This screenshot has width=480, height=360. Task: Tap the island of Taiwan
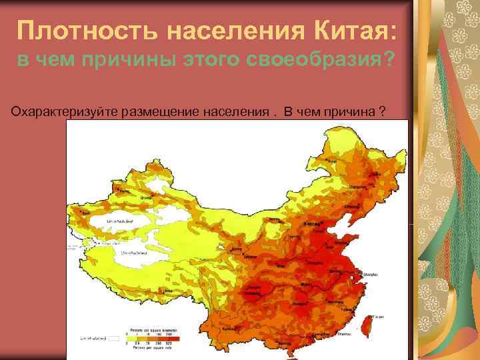coord(365,323)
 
